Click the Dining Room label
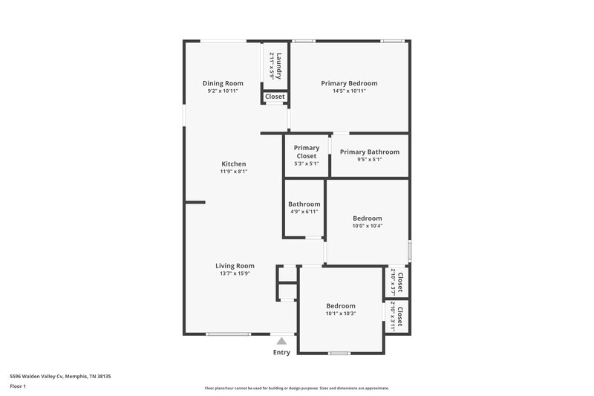tap(223, 83)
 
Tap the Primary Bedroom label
tap(349, 83)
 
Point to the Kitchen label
tap(233, 164)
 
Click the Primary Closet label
tap(307, 152)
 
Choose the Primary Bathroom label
tap(369, 152)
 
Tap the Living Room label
tap(235, 266)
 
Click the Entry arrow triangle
tap(281, 340)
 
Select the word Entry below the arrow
tap(281, 352)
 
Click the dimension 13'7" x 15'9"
tap(235, 273)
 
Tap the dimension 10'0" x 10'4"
tap(367, 226)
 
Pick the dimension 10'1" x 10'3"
tap(341, 314)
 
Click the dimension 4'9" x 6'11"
tap(304, 212)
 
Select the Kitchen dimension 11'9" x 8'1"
tap(233, 172)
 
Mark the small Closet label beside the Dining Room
tap(275, 97)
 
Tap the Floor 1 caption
tap(18, 386)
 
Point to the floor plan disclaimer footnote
tap(296, 388)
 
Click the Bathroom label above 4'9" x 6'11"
tap(304, 204)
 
